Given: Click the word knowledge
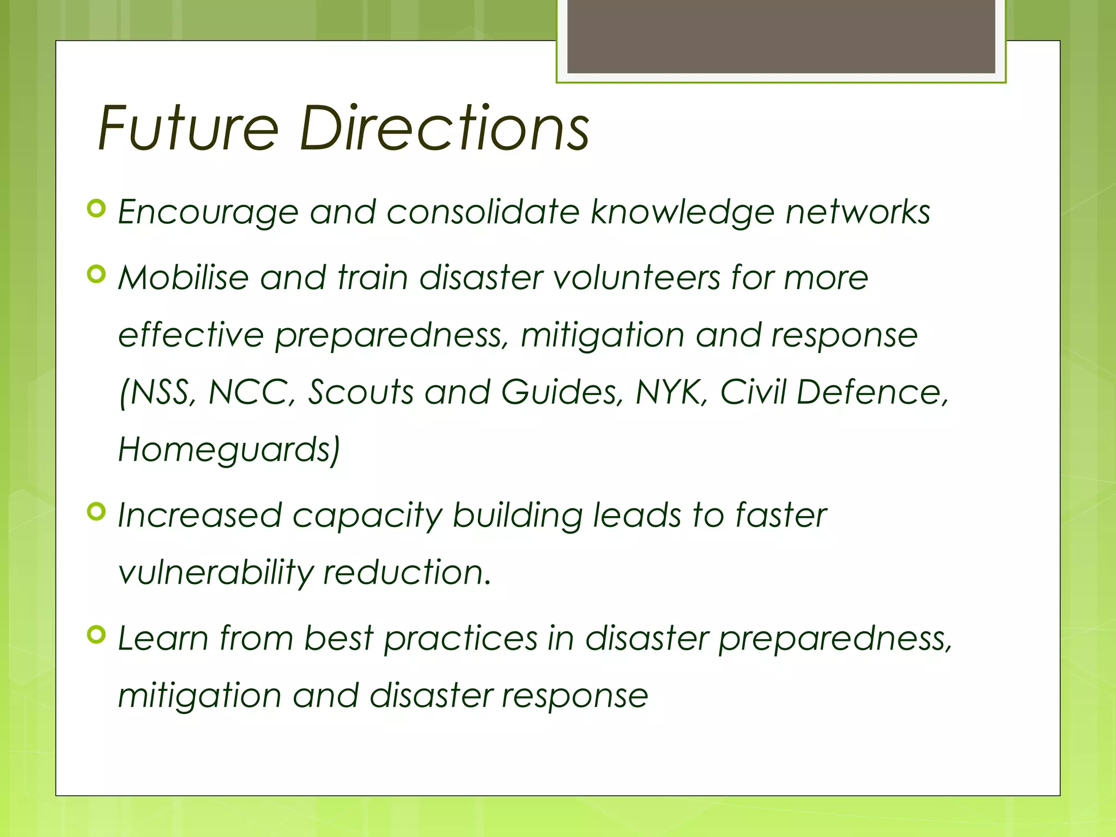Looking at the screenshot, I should [x=682, y=213].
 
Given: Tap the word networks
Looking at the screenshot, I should [x=858, y=213].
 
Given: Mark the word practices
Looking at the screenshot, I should [x=460, y=639].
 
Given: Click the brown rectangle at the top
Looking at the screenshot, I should [x=781, y=36].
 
